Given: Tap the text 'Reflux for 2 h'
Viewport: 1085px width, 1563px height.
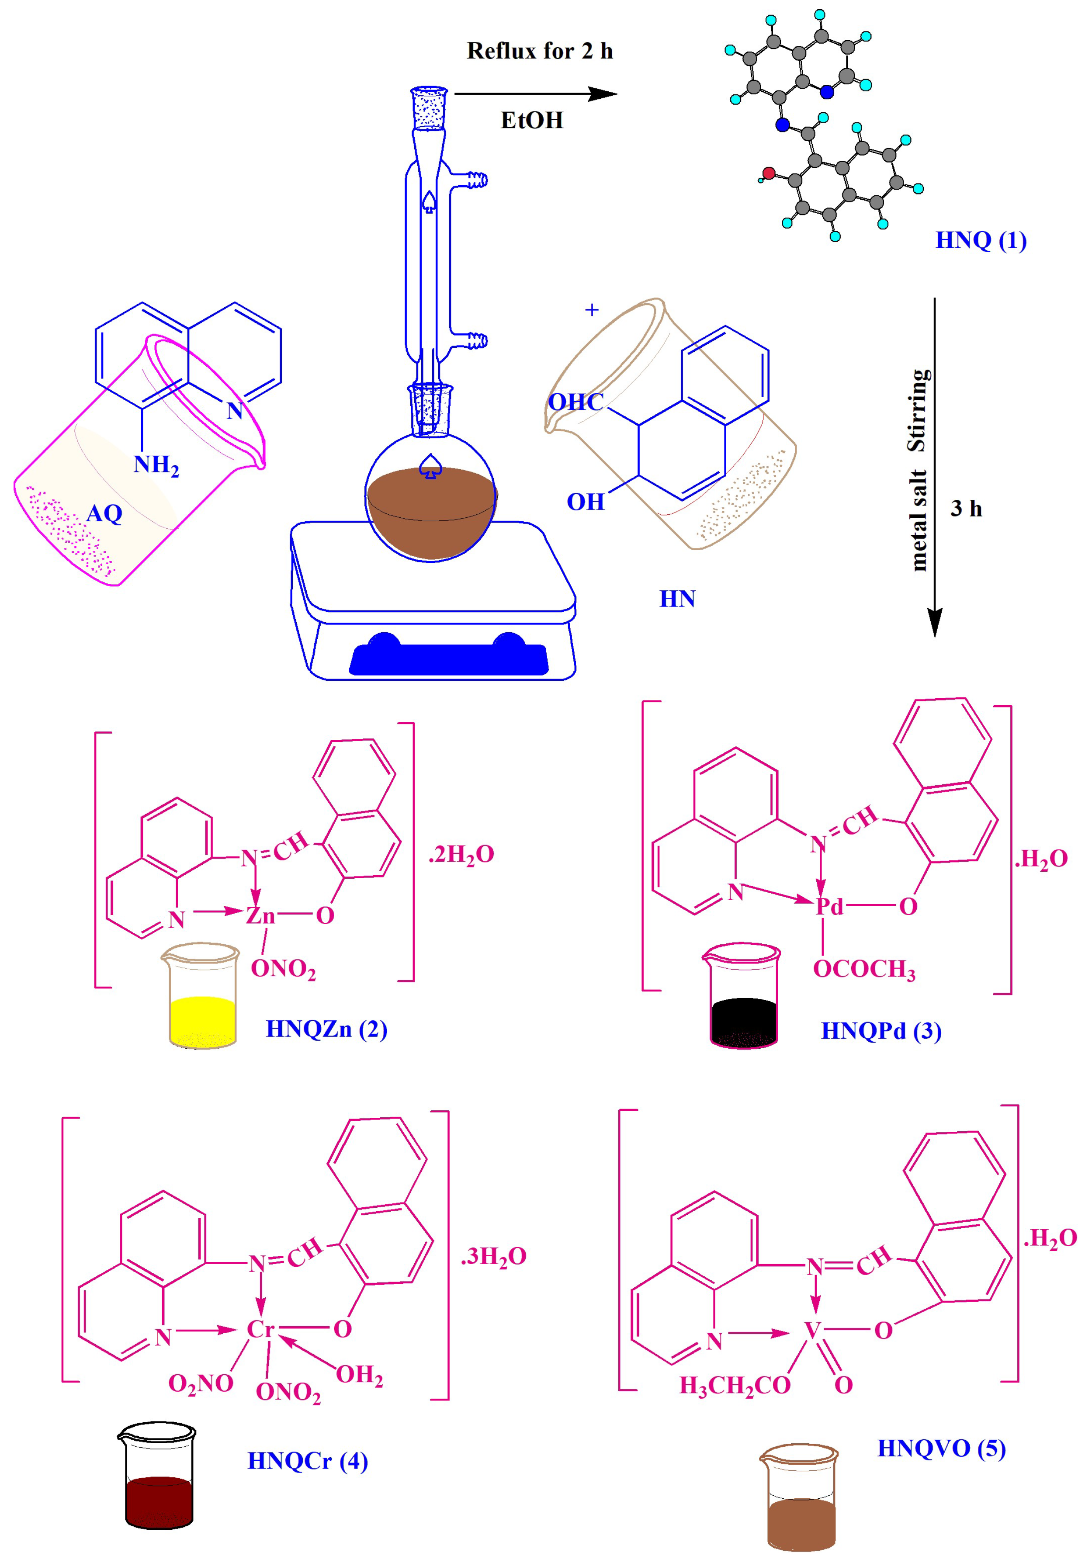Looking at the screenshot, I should tap(540, 51).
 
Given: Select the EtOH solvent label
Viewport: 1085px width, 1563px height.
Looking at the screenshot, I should tap(532, 120).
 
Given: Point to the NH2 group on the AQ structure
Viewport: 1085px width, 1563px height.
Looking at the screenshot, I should tap(156, 465).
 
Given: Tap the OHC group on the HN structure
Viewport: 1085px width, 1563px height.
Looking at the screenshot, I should tap(575, 402).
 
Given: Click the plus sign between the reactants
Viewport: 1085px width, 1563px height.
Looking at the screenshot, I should tap(592, 310).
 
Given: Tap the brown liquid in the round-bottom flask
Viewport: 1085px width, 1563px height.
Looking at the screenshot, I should tap(431, 510).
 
